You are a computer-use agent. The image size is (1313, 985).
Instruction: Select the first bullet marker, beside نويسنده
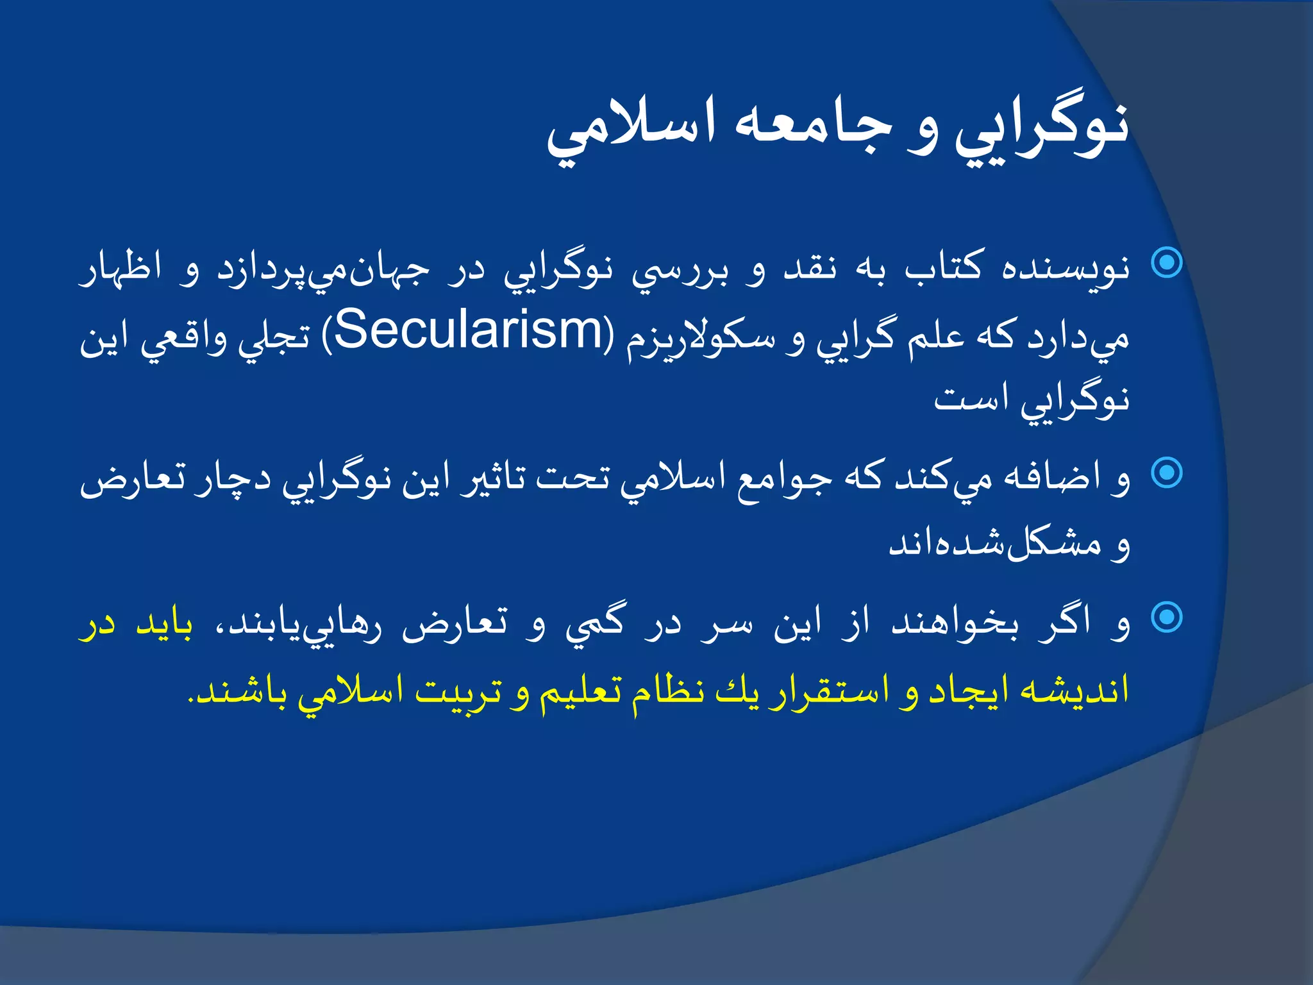pos(1167,262)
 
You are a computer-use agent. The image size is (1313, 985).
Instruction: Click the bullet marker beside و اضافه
pos(1167,473)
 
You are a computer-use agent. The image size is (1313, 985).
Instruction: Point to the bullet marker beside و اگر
pos(1167,618)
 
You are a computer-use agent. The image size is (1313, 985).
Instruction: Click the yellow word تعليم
pos(580,691)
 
